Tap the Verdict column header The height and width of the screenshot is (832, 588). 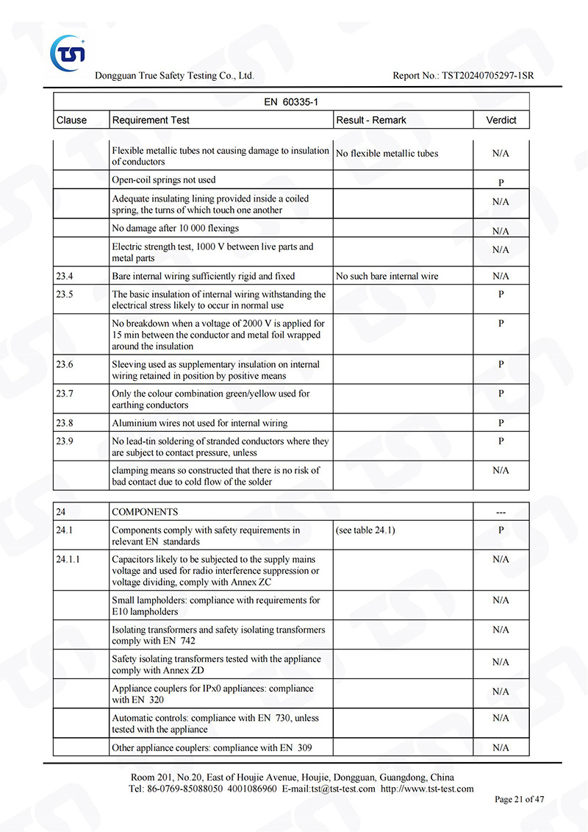(501, 120)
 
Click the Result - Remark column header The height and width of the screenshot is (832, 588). (370, 120)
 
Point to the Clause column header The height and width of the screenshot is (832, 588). (71, 120)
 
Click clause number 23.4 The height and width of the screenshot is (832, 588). (65, 277)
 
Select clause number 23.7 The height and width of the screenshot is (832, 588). (65, 394)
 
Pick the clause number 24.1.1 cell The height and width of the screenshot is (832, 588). (68, 559)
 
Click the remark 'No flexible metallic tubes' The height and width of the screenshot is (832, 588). (387, 154)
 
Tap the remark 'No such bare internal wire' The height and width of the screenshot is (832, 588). (387, 277)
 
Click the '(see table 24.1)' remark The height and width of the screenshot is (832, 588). (365, 530)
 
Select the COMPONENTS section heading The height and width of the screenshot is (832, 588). (145, 512)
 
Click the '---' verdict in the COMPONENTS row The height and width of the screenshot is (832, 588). (501, 512)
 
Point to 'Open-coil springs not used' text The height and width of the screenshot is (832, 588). (164, 180)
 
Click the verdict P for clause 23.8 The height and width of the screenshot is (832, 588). (501, 423)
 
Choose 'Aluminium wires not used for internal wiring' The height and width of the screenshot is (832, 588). (200, 423)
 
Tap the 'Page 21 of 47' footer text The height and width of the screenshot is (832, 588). (519, 800)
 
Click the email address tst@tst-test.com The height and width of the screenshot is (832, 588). (343, 789)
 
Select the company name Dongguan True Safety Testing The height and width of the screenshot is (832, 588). (174, 76)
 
